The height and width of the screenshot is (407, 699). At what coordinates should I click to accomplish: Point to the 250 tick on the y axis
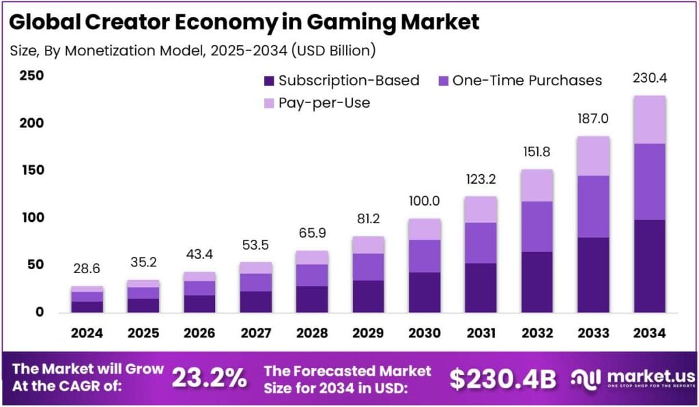coord(30,76)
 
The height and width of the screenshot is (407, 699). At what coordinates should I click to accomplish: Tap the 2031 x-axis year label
coord(481,333)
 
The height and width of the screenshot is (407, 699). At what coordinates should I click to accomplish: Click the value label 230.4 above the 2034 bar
coord(649,79)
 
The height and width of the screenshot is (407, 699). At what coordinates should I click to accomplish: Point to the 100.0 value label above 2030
coord(425,201)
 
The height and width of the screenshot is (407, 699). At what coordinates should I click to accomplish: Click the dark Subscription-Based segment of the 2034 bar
coord(649,266)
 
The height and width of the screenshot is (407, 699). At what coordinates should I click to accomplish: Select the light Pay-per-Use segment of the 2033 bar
coord(593,156)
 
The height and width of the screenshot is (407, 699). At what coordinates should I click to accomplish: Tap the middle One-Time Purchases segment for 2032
coord(537,226)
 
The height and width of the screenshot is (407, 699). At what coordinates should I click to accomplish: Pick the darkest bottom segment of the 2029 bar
coord(368,296)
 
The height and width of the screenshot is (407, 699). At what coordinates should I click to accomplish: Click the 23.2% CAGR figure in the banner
coord(209,378)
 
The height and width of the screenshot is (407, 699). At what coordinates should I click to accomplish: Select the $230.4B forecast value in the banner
coord(502,378)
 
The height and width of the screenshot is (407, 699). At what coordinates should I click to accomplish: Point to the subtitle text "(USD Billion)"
coord(328,50)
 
